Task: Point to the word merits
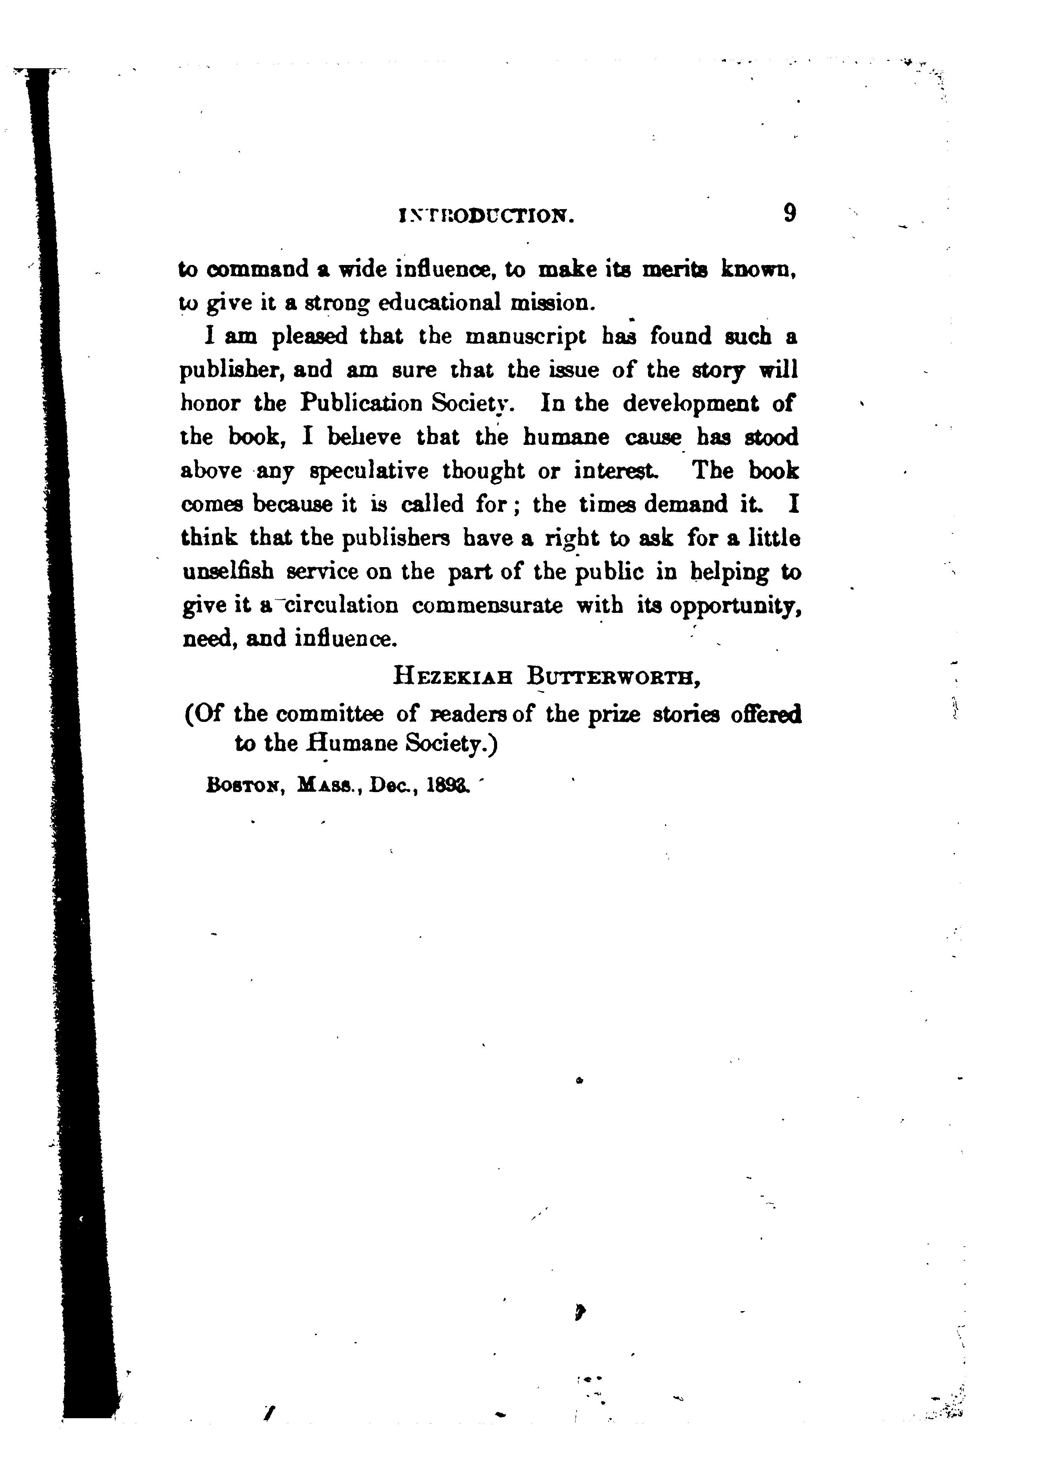coord(675,269)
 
